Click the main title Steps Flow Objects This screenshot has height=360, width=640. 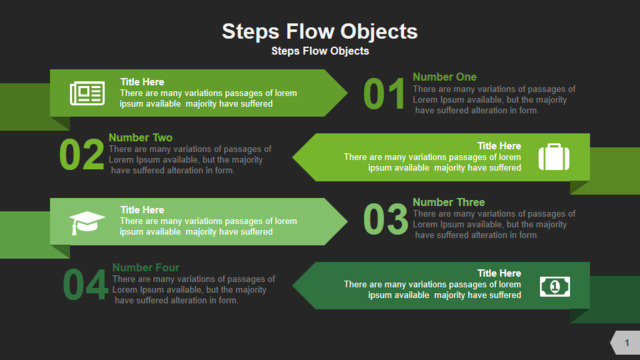tap(320, 32)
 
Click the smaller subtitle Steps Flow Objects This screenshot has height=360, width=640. tap(320, 51)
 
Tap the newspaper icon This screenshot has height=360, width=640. tap(87, 93)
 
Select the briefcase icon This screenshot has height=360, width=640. tap(554, 157)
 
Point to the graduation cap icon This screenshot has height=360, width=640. tap(87, 223)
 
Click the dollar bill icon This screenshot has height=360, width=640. tap(555, 287)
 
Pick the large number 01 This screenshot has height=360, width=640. tap(384, 94)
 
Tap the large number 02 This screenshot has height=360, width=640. tap(82, 154)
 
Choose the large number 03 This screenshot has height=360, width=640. tap(385, 219)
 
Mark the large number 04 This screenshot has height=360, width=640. tap(85, 284)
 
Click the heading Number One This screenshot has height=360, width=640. tap(444, 77)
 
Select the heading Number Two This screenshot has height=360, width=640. tap(140, 138)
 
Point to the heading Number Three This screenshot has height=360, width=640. tap(449, 202)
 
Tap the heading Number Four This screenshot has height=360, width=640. tap(146, 267)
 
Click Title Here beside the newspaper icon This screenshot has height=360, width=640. tap(142, 82)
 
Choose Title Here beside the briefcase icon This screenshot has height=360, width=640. tap(499, 146)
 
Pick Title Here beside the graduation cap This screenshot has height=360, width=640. tap(142, 210)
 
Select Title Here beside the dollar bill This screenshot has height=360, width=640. tap(499, 273)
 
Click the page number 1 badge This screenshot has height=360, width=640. tap(626, 343)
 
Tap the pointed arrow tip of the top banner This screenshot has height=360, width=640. tap(347, 93)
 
